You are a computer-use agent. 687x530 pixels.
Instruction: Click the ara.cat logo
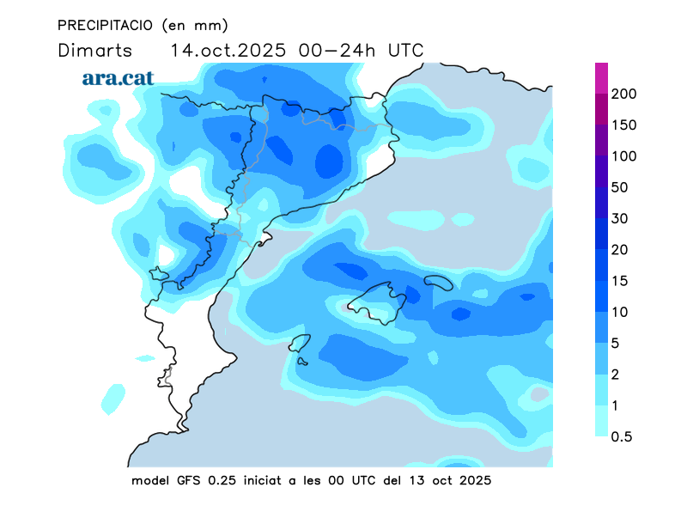[118, 78]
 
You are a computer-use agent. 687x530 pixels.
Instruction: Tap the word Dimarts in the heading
[94, 51]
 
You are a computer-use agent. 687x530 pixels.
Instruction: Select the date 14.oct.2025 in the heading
[229, 51]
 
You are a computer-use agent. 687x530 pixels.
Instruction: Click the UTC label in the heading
[406, 51]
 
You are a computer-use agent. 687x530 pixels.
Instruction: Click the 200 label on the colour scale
[623, 94]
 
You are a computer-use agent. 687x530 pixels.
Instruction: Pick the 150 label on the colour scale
[623, 125]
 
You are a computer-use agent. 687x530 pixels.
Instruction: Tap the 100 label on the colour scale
[623, 156]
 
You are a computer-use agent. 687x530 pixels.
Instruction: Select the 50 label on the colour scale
[620, 187]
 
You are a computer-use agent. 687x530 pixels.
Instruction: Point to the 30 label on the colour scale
[620, 218]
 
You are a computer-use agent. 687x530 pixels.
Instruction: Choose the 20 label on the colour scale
[620, 249]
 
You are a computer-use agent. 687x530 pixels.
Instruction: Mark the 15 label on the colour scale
[620, 281]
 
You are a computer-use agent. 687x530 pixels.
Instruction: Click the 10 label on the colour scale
[620, 312]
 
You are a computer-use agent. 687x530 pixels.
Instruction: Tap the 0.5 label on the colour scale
[622, 436]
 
